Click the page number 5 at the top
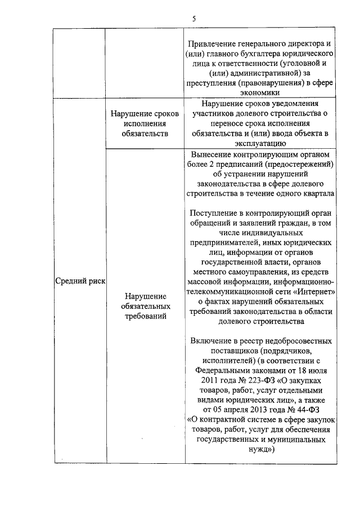click(x=193, y=19)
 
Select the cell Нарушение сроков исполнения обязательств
click(x=145, y=124)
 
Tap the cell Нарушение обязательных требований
click(x=145, y=306)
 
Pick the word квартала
click(x=316, y=194)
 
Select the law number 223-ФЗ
click(x=256, y=382)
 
